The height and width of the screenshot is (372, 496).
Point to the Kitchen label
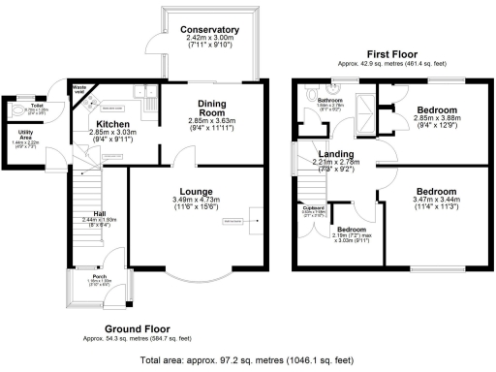114,125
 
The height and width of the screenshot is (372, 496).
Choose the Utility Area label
28,135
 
